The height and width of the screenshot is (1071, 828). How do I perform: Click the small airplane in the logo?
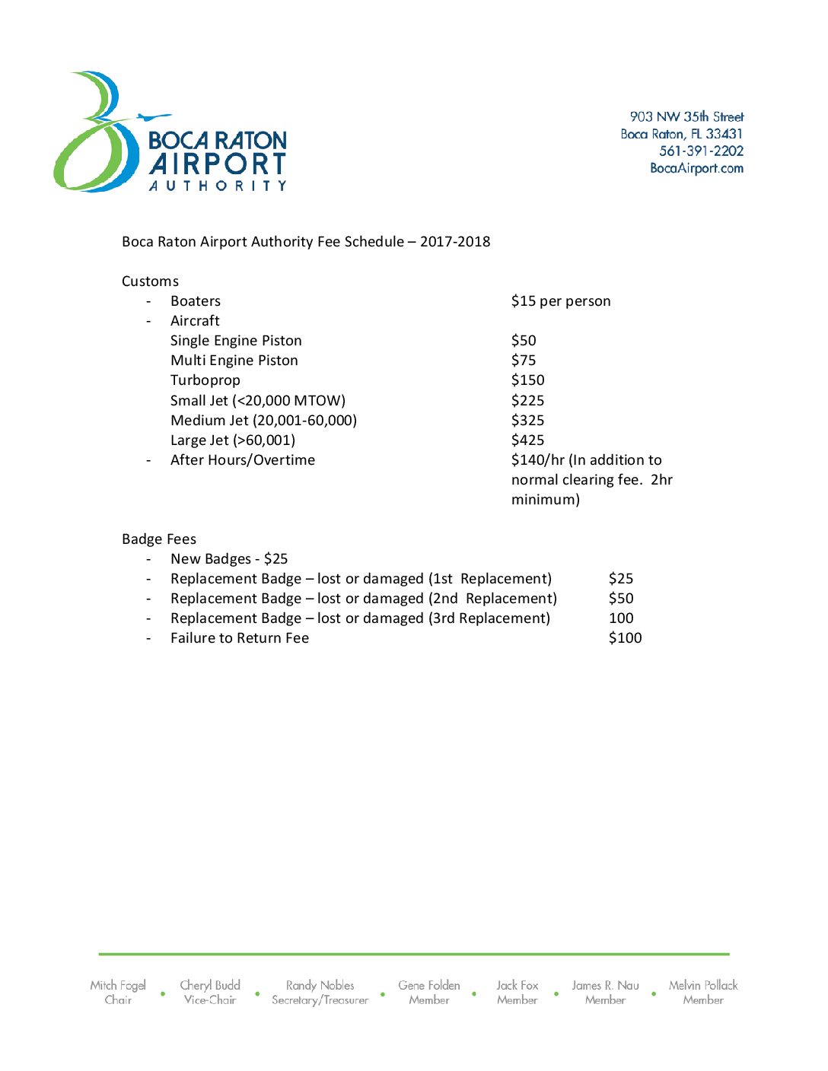155,117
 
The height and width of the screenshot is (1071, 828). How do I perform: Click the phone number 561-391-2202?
701,151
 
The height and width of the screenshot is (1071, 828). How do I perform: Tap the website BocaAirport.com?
696,169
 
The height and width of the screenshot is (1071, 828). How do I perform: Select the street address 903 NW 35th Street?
686,117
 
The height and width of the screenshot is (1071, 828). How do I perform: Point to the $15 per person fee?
561,301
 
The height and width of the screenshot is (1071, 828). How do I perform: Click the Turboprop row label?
205,380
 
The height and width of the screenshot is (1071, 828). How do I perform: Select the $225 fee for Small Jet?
527,401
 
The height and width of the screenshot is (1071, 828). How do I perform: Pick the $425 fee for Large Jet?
527,440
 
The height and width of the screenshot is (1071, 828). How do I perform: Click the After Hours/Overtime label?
243,460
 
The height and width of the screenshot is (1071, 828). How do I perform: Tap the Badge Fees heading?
159,539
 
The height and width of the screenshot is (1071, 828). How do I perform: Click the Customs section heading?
150,281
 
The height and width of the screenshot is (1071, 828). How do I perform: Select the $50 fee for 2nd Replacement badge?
621,599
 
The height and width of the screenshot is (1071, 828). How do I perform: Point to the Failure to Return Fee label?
240,638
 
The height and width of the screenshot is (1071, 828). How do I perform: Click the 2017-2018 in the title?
455,242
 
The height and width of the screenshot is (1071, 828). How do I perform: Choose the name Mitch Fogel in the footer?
118,986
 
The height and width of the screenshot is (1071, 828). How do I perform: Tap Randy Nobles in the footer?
320,986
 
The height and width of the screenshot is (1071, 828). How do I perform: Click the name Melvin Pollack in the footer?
703,986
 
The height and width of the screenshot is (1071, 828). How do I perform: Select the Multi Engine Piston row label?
234,361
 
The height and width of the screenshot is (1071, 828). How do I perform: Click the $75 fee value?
524,361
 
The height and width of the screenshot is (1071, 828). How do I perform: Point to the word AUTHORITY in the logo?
218,186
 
